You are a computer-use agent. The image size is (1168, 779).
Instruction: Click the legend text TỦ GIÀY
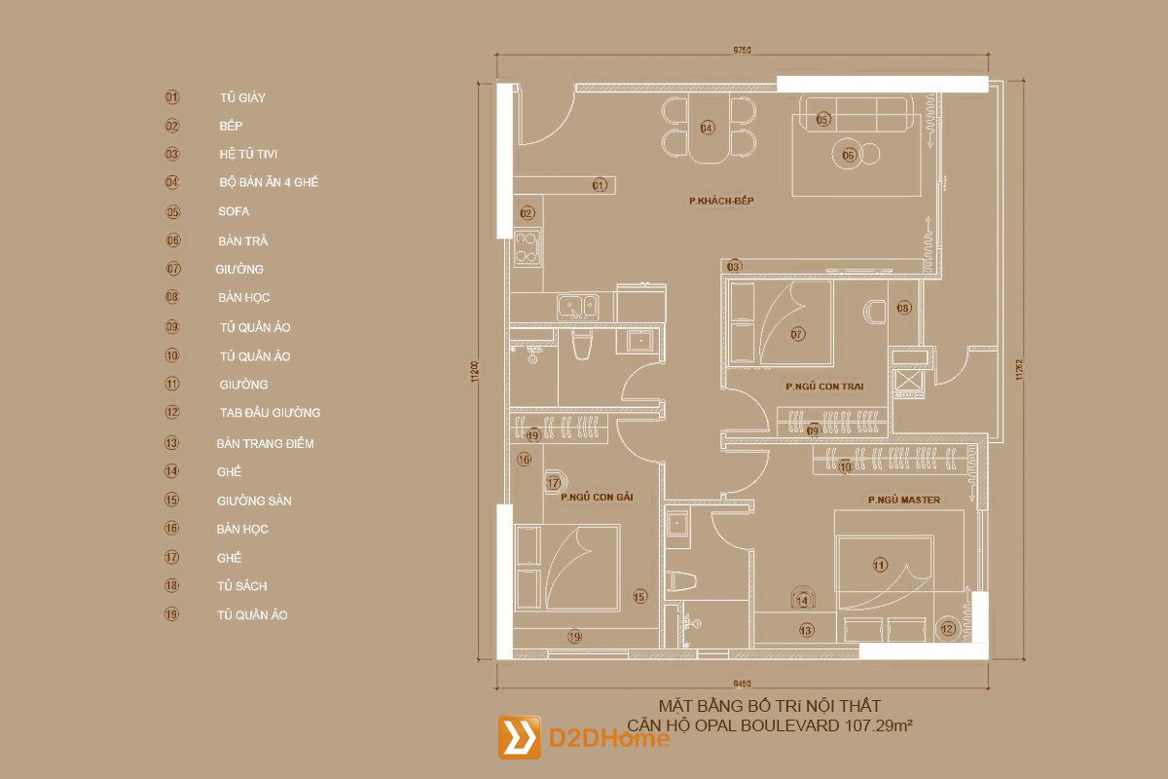tap(242, 97)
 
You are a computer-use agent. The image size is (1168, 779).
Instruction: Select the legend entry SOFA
tap(234, 211)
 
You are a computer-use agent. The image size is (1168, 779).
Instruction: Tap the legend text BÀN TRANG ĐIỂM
tap(265, 443)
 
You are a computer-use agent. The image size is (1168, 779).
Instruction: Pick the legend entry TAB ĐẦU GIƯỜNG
tap(270, 413)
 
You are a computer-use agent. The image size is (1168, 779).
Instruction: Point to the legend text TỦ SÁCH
tap(242, 586)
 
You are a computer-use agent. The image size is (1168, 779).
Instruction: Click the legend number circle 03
tap(172, 154)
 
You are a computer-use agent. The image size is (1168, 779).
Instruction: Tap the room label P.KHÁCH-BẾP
tap(722, 201)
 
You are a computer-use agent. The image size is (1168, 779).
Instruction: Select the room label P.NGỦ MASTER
tap(904, 500)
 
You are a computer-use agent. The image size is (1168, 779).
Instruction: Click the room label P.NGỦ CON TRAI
tap(824, 387)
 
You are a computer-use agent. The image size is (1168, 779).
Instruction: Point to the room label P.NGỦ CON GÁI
tap(597, 497)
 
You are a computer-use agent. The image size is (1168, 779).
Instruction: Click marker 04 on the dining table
tap(707, 128)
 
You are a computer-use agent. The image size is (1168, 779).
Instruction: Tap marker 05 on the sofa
tap(823, 120)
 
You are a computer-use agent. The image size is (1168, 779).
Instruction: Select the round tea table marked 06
tap(848, 154)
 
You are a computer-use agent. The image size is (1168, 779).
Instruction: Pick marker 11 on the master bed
tap(880, 564)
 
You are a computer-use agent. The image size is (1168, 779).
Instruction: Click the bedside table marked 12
tap(948, 629)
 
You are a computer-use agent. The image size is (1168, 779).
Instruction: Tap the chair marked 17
tap(554, 481)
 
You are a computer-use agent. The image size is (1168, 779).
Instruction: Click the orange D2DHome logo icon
tap(519, 737)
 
